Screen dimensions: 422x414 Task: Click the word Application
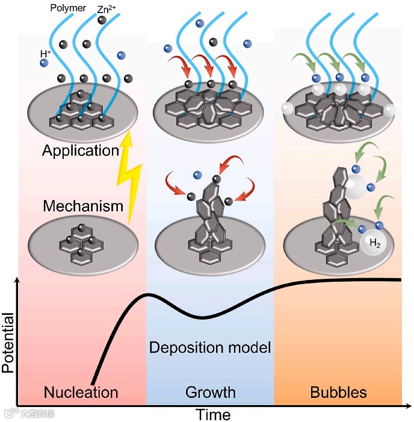tap(81, 150)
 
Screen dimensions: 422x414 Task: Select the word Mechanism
tap(83, 206)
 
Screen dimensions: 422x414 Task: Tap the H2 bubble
tap(374, 244)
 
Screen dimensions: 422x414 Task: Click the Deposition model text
tap(210, 347)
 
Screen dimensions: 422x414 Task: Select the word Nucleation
tap(81, 393)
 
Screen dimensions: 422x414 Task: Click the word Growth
tap(210, 393)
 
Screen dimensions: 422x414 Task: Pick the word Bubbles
tap(338, 393)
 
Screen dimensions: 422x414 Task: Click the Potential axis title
tap(8, 343)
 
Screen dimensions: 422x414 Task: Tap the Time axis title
tap(213, 415)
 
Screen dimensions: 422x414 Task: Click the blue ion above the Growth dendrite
tap(197, 175)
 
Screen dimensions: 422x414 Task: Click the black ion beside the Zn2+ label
tap(102, 20)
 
